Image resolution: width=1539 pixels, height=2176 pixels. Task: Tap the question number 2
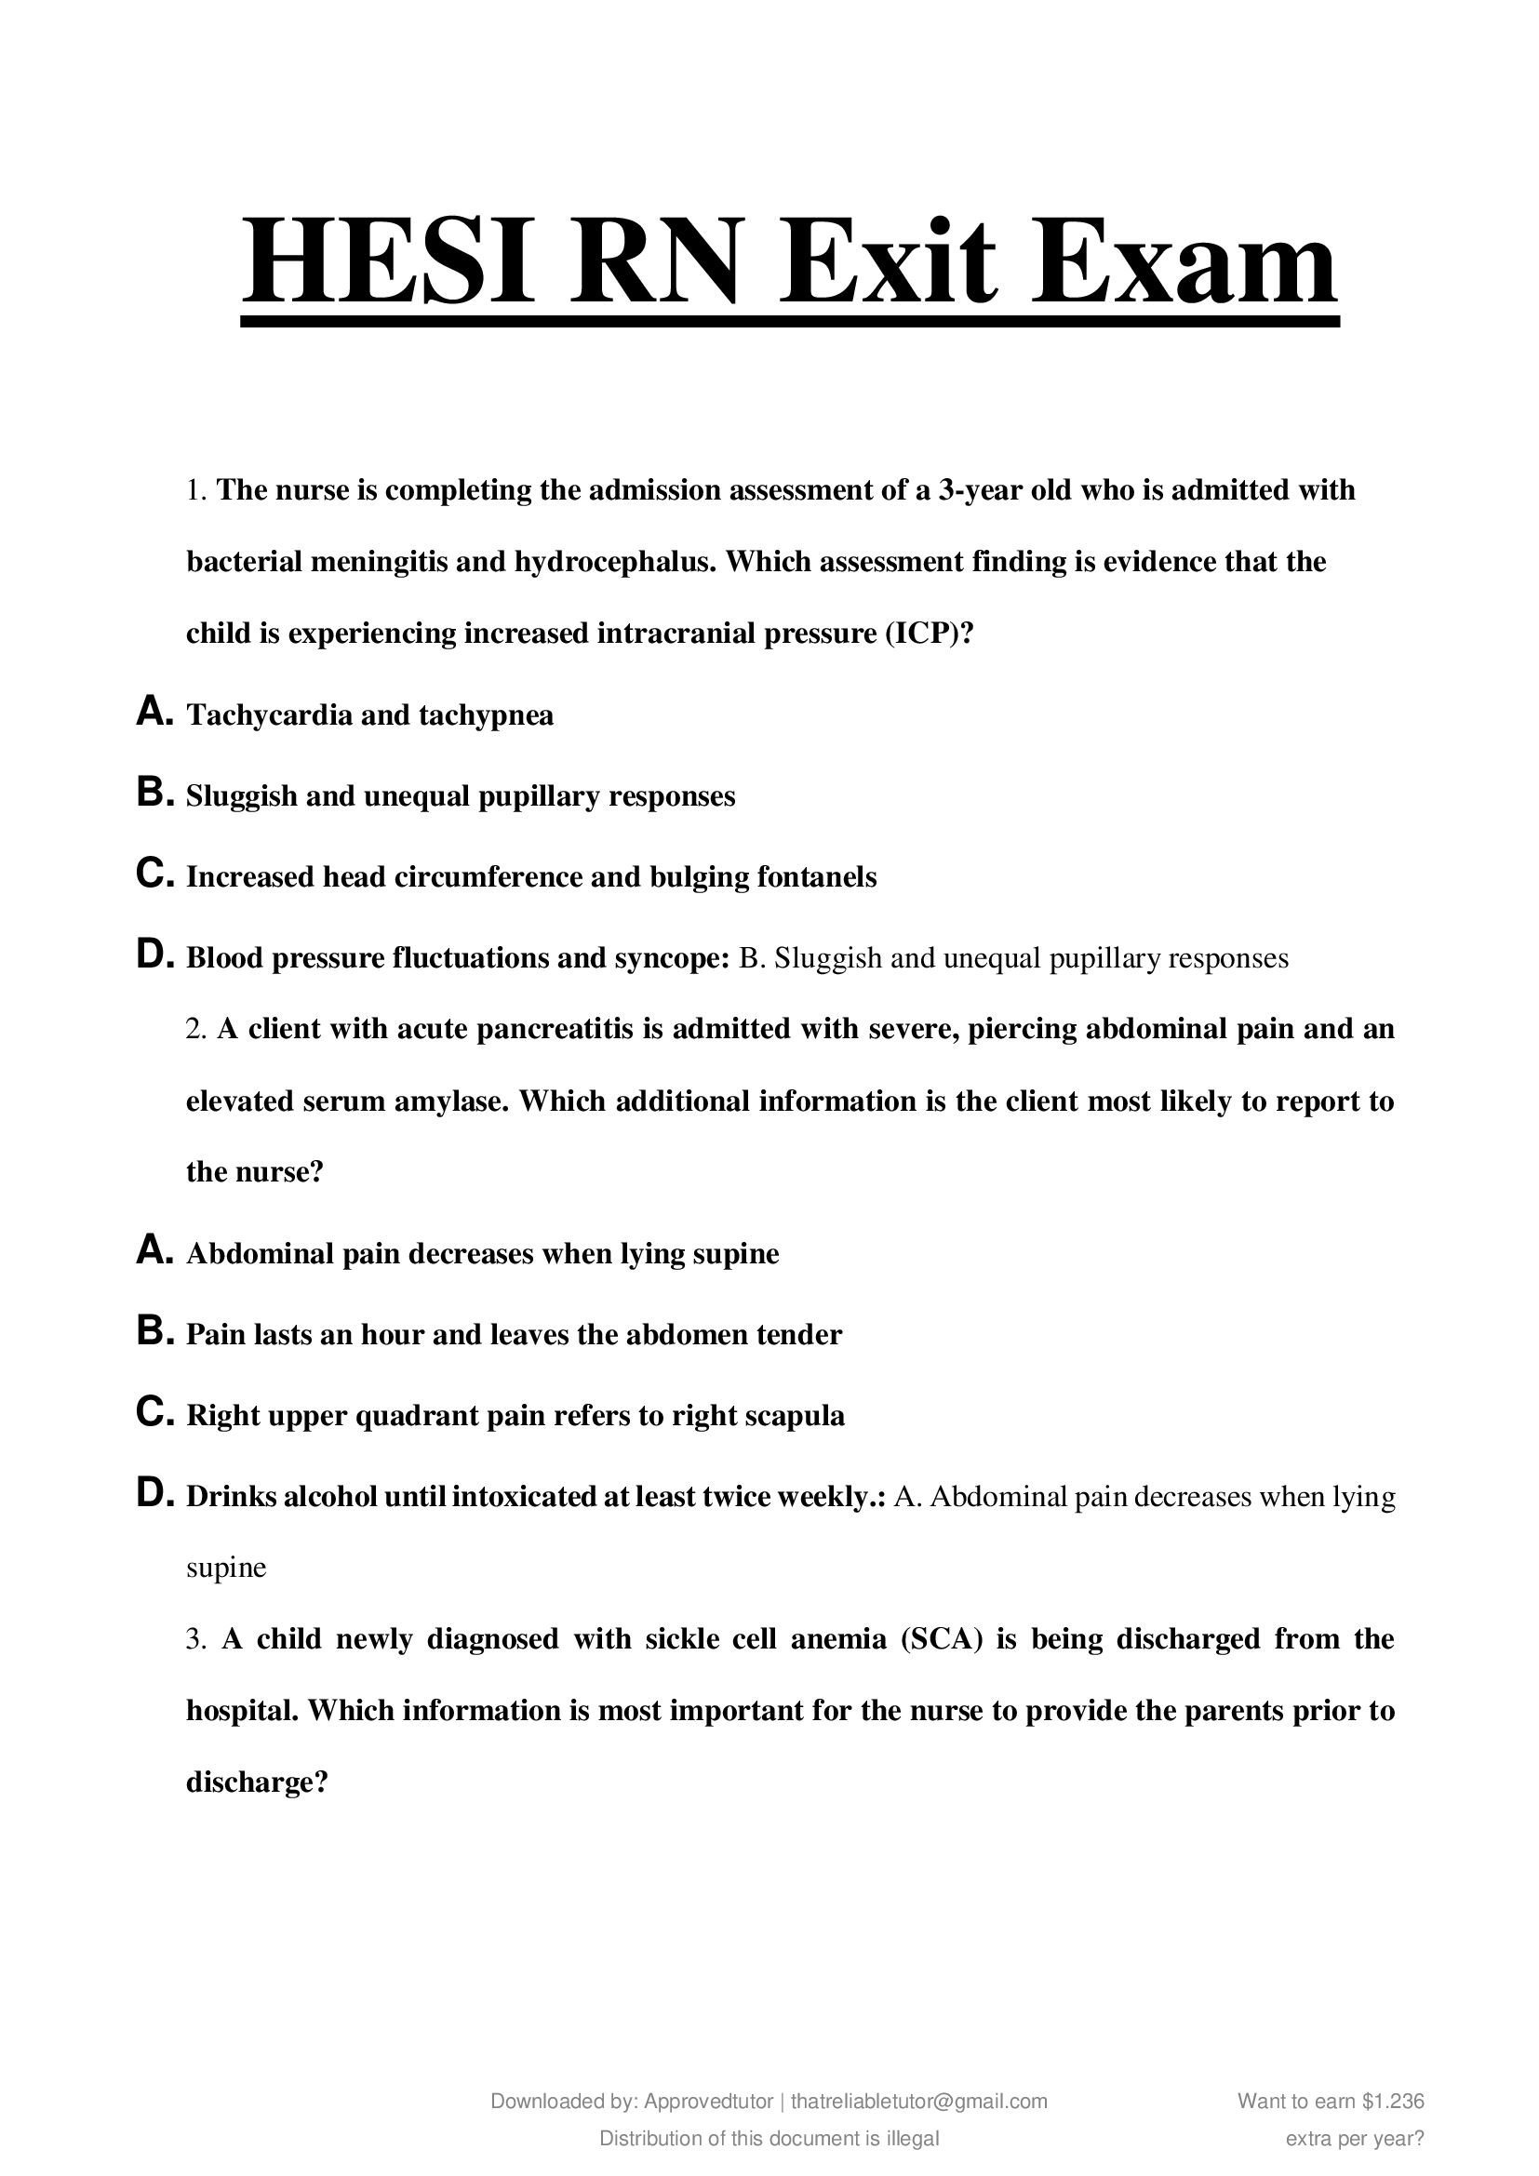click(195, 1029)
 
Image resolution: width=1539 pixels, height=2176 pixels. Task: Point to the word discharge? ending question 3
click(257, 1782)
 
